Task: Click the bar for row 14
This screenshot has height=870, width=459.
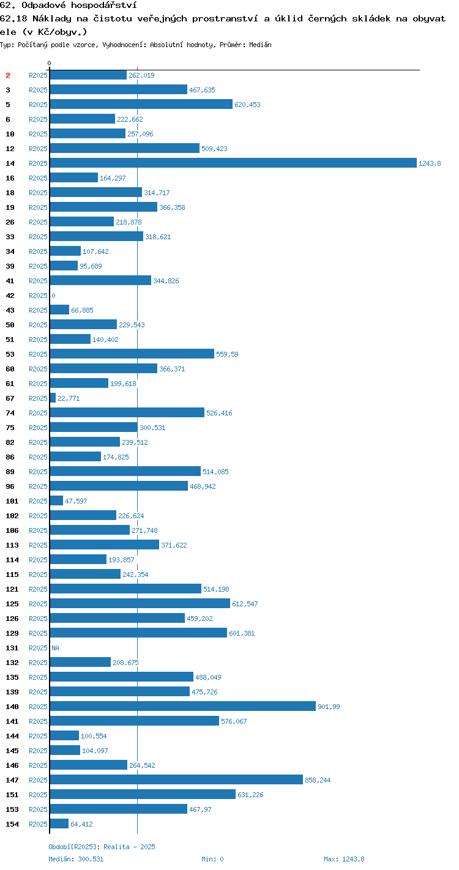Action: tap(233, 163)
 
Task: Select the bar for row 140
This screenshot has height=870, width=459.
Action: tap(182, 706)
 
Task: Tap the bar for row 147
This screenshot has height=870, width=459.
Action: tap(176, 779)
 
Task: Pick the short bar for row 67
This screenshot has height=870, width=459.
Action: tap(53, 398)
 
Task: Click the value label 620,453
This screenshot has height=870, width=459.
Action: tap(247, 105)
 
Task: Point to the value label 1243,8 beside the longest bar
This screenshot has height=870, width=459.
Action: tap(430, 163)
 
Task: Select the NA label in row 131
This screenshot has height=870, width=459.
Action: tap(55, 648)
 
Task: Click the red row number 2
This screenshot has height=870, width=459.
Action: tap(8, 75)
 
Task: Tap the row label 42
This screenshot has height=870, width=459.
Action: tap(10, 296)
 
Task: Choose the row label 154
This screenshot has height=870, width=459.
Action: tap(12, 824)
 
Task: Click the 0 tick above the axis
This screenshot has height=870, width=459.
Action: tap(50, 63)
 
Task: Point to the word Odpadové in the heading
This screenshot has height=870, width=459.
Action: tap(43, 5)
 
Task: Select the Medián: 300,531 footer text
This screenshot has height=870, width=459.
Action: tap(76, 859)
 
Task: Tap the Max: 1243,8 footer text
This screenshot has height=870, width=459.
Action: tap(344, 859)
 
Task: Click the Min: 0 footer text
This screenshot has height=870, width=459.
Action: tap(212, 859)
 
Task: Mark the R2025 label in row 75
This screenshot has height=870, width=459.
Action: tap(38, 428)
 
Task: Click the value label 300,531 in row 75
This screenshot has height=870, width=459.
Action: tap(152, 428)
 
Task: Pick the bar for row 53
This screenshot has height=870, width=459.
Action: tap(132, 354)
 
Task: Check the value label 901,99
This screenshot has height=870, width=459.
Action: tap(329, 707)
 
